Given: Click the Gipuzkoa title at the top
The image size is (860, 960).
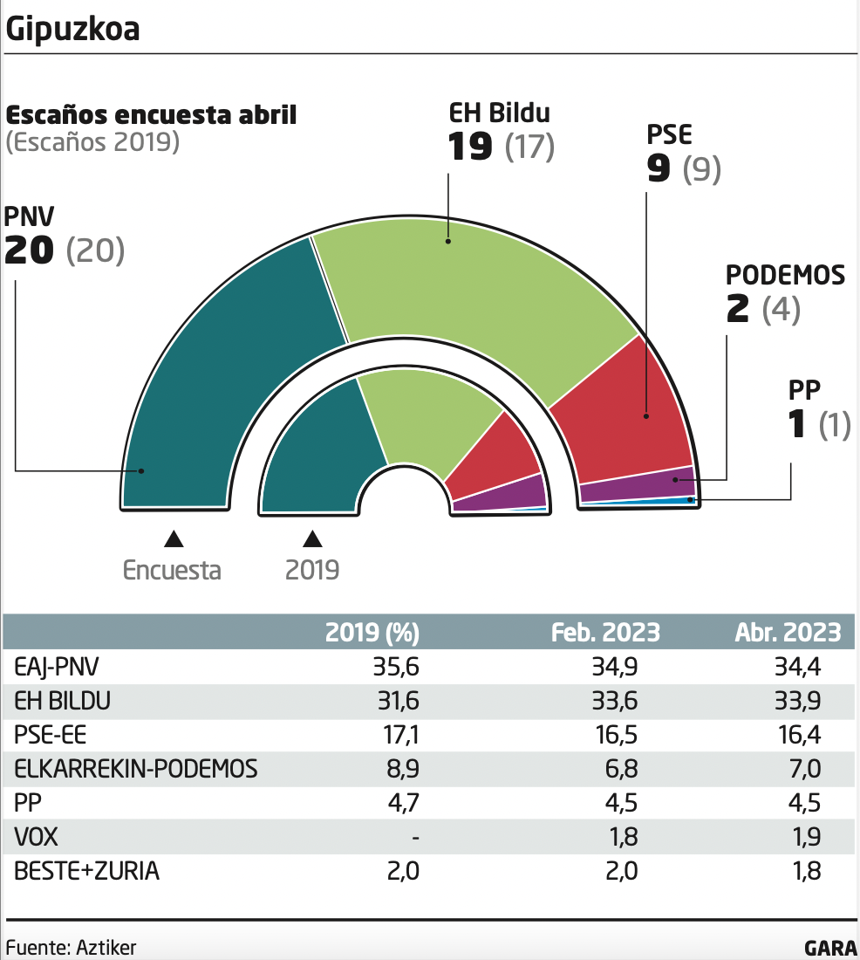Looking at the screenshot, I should (x=72, y=29).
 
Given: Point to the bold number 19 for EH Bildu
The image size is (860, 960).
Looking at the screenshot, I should (x=470, y=147).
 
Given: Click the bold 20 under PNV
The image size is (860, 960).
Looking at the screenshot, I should (x=31, y=251).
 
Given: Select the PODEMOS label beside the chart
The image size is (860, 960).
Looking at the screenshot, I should (x=785, y=276).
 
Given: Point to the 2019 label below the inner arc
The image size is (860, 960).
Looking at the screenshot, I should (x=312, y=571).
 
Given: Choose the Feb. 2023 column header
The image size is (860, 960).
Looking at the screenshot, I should (x=605, y=632).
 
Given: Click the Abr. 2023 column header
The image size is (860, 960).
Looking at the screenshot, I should (x=787, y=632).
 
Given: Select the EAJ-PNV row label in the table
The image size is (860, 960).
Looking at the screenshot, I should (x=58, y=668).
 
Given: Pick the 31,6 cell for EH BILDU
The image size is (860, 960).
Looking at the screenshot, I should (x=399, y=702).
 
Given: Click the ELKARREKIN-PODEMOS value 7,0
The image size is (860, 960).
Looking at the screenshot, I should (x=802, y=770).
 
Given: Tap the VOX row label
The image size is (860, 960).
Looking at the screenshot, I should (x=36, y=838).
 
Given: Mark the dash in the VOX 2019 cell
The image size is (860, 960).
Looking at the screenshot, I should (x=415, y=839).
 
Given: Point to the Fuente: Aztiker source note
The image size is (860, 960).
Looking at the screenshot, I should (x=72, y=947).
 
